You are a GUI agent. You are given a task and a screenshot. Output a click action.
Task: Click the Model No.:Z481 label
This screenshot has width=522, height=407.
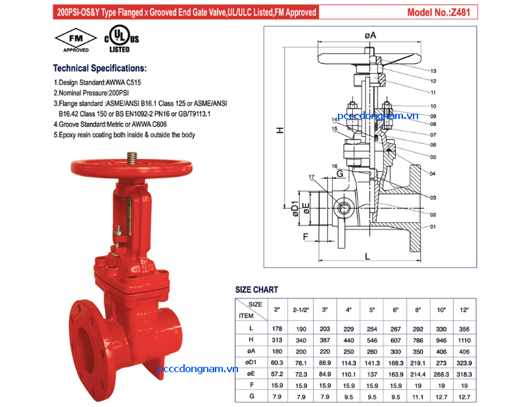click(x=441, y=12)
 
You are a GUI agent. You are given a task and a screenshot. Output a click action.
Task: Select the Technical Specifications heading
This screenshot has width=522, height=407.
click(x=99, y=68)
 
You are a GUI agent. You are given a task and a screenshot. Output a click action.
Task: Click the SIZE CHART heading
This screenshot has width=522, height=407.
click(x=256, y=289)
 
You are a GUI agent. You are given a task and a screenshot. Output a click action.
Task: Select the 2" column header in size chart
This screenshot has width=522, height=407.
click(x=277, y=309)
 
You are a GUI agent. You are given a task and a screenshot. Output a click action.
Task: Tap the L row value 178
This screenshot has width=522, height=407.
click(x=277, y=328)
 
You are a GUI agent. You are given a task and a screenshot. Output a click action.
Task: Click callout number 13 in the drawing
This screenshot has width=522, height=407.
click(x=433, y=70)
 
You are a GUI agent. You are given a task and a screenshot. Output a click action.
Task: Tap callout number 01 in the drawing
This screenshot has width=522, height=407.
click(x=433, y=227)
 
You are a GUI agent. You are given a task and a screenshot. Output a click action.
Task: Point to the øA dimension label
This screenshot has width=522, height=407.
click(x=370, y=34)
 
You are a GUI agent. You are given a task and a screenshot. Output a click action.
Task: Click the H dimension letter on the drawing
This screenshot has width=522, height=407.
click(x=279, y=130)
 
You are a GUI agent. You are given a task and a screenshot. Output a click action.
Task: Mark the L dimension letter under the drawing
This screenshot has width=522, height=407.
click(x=366, y=258)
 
